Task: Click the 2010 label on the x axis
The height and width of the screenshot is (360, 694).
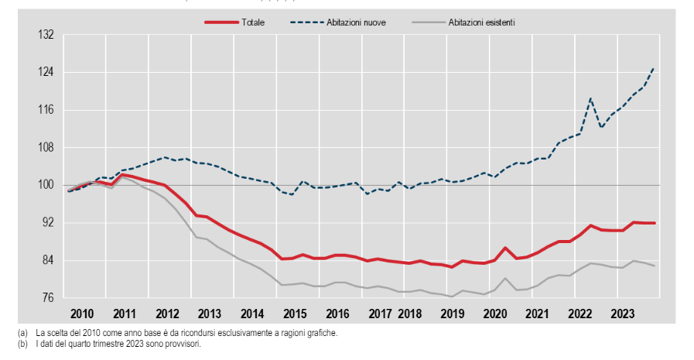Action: [x=81, y=314]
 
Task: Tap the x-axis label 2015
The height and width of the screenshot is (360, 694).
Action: [x=295, y=314]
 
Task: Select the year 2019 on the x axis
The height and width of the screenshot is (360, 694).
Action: [x=451, y=314]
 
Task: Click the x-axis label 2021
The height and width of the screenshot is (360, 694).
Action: [x=537, y=314]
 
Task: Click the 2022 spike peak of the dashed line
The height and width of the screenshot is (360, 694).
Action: [x=590, y=98]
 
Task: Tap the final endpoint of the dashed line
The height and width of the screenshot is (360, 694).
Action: [x=655, y=68]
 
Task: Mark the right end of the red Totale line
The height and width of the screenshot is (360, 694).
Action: [x=655, y=223]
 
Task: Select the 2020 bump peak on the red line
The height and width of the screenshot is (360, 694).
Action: [x=504, y=248]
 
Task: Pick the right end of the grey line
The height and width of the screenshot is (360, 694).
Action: [x=655, y=266]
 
